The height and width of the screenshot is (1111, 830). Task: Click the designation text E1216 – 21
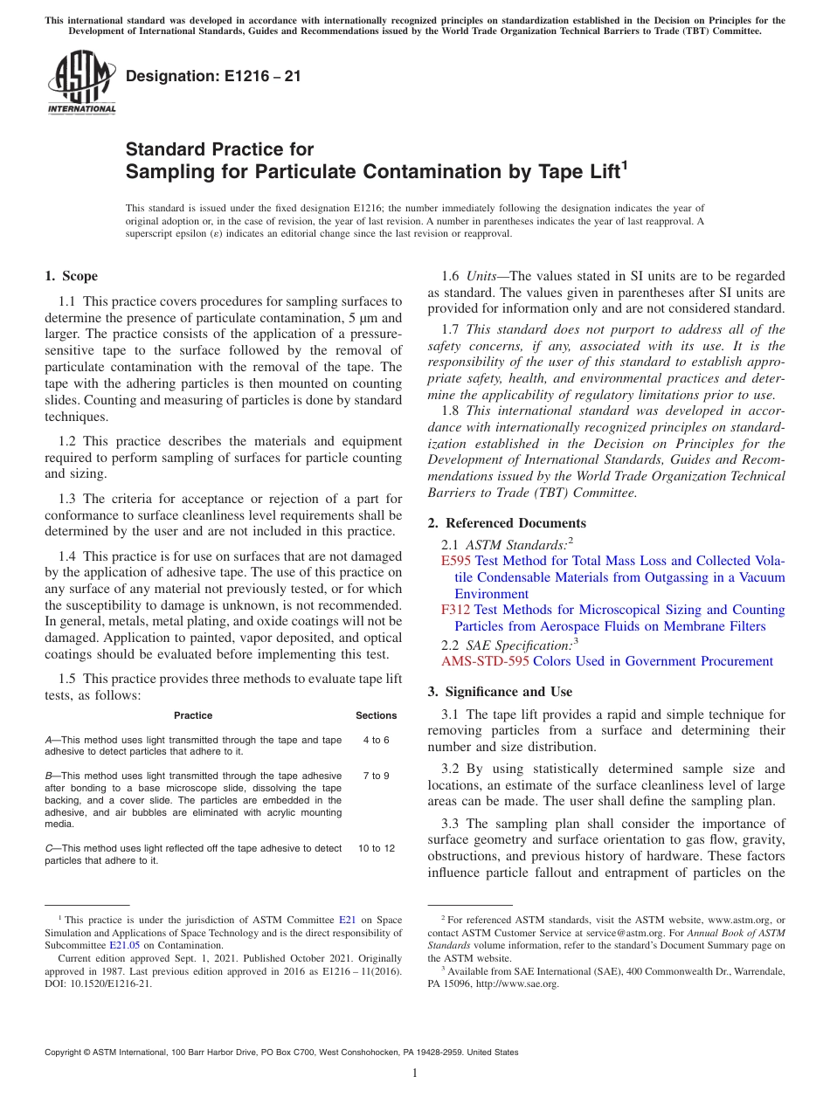pyautogui.click(x=213, y=76)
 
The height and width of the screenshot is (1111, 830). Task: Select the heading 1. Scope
pyautogui.click(x=72, y=276)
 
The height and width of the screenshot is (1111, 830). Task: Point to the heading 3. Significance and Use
pyautogui.click(x=500, y=692)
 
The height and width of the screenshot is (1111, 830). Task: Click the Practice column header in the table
pyautogui.click(x=193, y=715)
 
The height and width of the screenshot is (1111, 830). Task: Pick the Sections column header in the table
pyautogui.click(x=376, y=715)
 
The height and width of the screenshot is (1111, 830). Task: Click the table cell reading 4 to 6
pyautogui.click(x=376, y=740)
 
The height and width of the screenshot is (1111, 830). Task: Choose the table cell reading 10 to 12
pyautogui.click(x=376, y=848)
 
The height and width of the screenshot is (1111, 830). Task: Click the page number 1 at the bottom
pyautogui.click(x=415, y=1073)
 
